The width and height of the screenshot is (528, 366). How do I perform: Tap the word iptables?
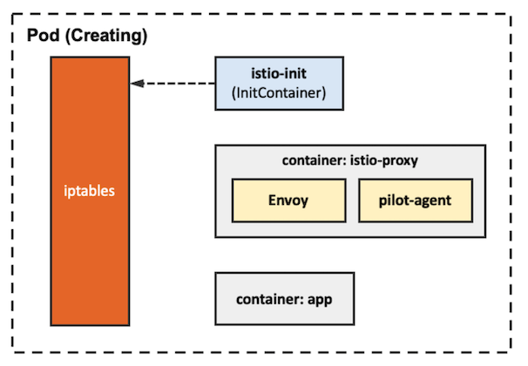pos(90,189)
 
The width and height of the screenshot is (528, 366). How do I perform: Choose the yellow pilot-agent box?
pos(415,201)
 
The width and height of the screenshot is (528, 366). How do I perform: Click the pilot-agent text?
pos(415,201)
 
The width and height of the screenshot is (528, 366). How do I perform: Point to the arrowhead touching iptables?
pos(137,84)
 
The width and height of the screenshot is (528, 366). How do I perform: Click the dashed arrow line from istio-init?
pos(179,84)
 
